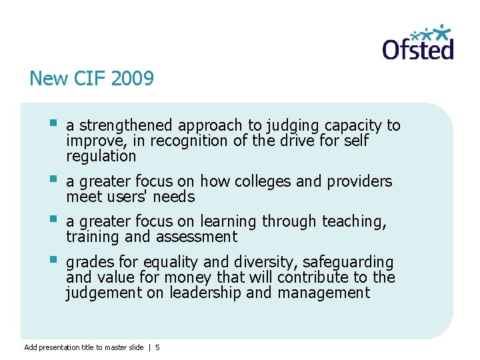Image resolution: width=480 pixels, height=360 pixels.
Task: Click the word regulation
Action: click(x=101, y=157)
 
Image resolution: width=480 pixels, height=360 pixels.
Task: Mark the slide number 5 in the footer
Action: click(x=157, y=347)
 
